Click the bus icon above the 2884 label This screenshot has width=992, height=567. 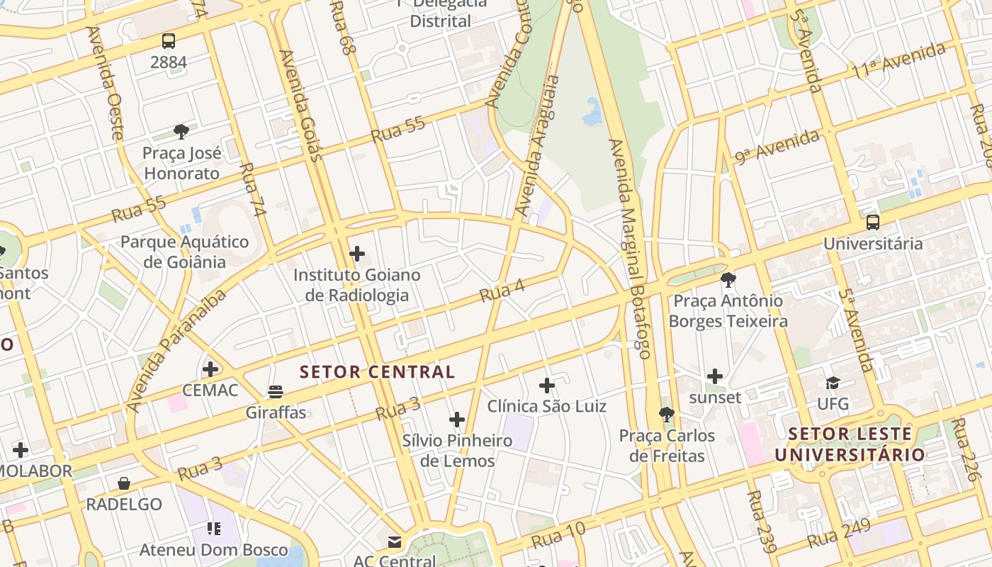(x=169, y=41)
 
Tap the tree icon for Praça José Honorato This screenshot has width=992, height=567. (x=181, y=132)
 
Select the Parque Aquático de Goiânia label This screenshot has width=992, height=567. (x=184, y=252)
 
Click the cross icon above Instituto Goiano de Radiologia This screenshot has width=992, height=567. (x=357, y=254)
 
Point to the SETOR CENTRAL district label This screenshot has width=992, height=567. (x=377, y=372)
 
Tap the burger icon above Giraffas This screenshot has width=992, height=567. (x=276, y=392)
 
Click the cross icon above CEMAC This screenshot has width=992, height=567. (x=210, y=369)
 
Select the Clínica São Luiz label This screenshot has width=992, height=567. (x=546, y=406)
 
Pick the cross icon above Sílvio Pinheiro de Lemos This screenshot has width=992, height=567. (x=457, y=420)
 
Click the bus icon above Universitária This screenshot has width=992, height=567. (x=873, y=223)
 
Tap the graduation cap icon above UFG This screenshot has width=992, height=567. (x=833, y=383)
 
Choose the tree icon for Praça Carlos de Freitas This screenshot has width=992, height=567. (x=666, y=415)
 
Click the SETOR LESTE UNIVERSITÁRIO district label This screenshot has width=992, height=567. (x=850, y=444)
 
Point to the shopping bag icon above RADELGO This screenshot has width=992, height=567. (x=124, y=483)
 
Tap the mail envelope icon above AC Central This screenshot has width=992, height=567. (x=395, y=542)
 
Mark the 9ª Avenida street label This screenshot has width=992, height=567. (x=777, y=147)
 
